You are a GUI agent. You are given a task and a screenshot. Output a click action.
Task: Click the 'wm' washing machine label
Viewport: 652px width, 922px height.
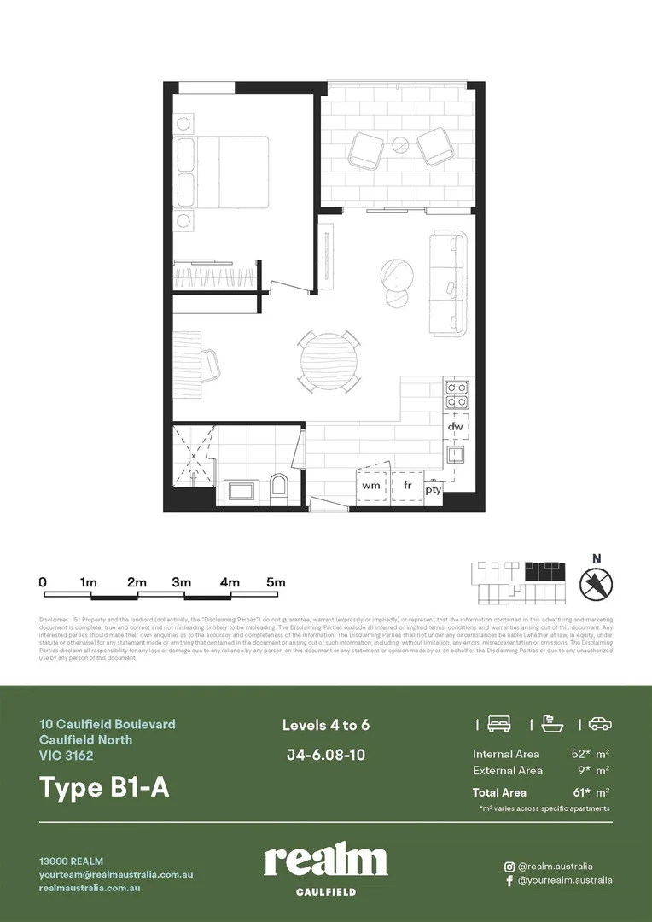click(x=371, y=485)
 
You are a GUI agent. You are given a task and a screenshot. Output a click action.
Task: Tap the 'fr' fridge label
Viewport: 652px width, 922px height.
click(x=408, y=485)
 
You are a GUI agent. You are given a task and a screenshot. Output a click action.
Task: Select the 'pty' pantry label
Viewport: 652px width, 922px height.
click(x=434, y=489)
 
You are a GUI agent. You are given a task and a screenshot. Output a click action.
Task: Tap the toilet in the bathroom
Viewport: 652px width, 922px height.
click(x=278, y=489)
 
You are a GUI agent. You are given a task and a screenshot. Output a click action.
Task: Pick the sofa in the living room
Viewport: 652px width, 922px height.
click(x=450, y=283)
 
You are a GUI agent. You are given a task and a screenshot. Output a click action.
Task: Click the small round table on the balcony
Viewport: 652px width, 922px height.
click(x=401, y=145)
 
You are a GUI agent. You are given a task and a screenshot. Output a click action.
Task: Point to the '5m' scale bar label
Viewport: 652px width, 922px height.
click(x=275, y=582)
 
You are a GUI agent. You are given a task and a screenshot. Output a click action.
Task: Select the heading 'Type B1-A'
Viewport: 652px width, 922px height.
click(x=104, y=787)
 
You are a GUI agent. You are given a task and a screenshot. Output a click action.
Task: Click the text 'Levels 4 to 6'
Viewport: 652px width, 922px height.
click(x=326, y=726)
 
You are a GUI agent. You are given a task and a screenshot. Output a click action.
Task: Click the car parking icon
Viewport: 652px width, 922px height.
click(x=600, y=725)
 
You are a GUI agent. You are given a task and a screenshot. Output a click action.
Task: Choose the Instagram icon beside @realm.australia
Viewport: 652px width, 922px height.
click(x=509, y=866)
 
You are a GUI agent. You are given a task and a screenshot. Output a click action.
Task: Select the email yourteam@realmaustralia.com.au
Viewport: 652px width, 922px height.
click(x=116, y=875)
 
